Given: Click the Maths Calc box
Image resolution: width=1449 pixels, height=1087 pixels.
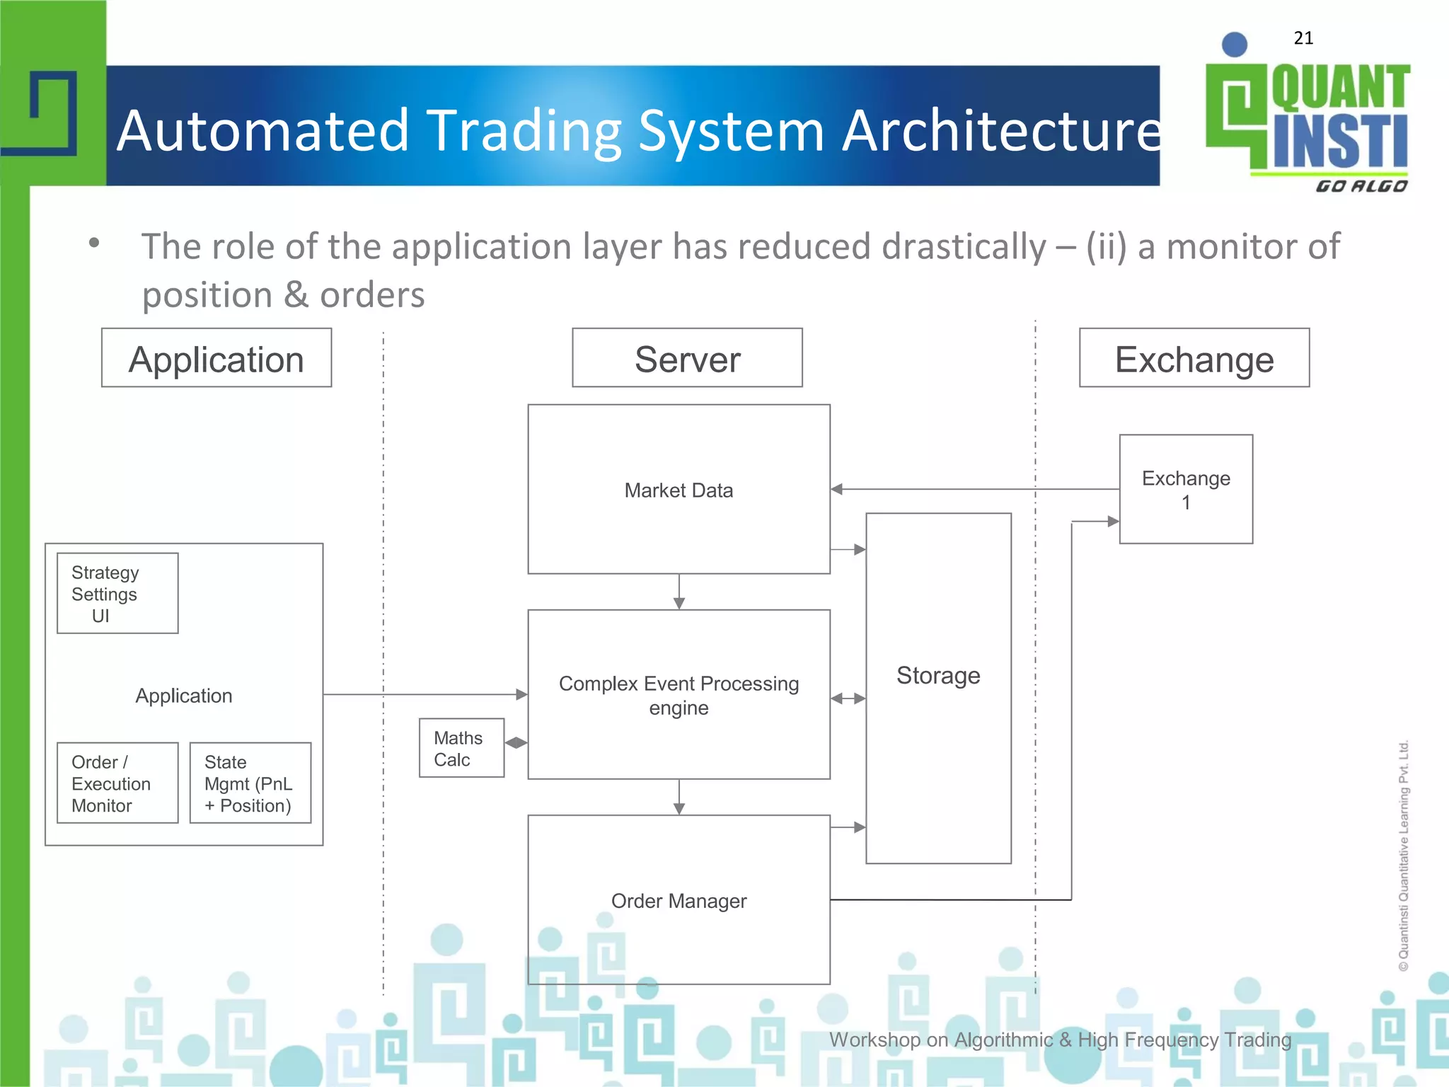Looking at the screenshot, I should coord(461,748).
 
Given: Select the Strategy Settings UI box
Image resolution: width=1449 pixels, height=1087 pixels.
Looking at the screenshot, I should coord(117,593).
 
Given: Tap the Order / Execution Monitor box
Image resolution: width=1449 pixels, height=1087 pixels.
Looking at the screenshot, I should coord(117,783).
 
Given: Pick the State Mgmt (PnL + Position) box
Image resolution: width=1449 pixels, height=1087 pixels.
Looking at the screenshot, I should coord(250,783).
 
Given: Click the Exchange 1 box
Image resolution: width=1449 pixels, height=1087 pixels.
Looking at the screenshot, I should coord(1186,489).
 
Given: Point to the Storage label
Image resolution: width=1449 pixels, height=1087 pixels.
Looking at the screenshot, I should coord(938,676).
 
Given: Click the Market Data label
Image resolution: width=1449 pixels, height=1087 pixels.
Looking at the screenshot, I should coord(679,490).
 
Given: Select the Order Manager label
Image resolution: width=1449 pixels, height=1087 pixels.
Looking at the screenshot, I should coord(679,901).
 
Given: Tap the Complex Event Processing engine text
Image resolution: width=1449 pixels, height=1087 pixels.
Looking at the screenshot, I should coord(679,695).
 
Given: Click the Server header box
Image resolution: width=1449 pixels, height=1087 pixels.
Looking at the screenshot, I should coord(687,358).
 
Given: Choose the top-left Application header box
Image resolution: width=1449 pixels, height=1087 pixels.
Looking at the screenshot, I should coord(217,358).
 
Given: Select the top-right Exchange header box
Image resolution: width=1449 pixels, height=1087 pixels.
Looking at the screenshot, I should coord(1194,358).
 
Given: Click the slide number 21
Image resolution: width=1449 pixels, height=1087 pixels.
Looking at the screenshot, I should coord(1303,38).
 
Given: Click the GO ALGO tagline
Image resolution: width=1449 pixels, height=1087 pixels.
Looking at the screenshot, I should coord(1361,186).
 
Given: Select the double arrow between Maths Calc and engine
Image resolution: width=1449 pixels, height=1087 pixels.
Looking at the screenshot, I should coord(516,742).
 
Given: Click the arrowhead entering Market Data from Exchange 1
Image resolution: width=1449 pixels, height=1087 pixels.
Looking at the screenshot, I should coord(837,489).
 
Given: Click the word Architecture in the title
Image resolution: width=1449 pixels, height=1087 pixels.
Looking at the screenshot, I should coord(1000,131).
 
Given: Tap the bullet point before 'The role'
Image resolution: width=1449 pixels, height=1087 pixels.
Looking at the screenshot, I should coord(94,243).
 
